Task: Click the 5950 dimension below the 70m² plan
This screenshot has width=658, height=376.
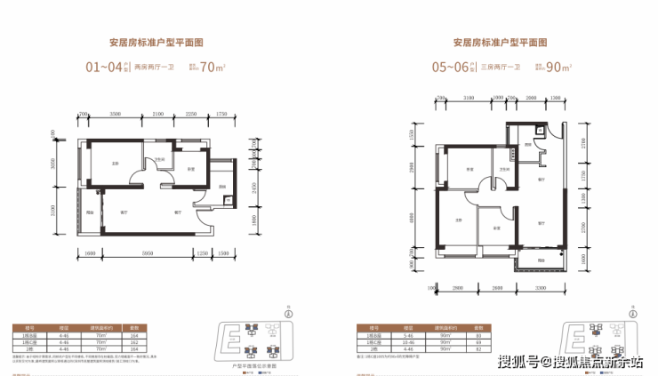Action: [x=155, y=252]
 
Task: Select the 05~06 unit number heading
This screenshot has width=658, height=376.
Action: [x=453, y=65]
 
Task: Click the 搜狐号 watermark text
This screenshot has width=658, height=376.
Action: [x=516, y=361]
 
